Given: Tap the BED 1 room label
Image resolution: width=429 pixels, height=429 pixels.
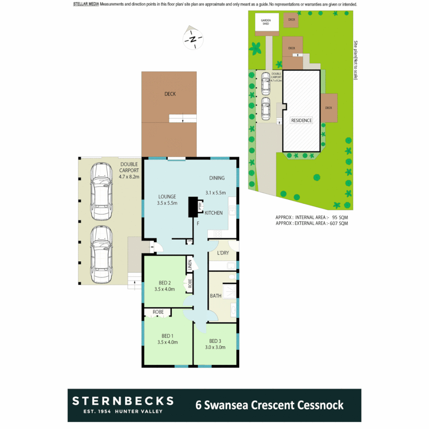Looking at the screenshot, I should (167, 336).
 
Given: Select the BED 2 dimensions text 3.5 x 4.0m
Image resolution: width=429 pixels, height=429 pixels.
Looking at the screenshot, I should (164, 289).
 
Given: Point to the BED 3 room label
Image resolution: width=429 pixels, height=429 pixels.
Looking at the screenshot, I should (215, 341).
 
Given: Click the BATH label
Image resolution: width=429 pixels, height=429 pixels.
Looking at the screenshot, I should (216, 296).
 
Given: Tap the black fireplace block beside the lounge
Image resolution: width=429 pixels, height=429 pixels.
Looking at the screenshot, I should (193, 207).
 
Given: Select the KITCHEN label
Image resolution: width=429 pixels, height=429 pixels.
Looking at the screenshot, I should (214, 213).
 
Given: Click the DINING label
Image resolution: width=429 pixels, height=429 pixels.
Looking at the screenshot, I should (217, 178).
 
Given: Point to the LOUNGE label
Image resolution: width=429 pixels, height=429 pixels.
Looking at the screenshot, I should (167, 196).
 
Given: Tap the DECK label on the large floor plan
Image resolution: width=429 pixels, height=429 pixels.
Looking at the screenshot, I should (170, 94).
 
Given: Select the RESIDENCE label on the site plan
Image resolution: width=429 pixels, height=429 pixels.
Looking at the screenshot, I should (301, 120).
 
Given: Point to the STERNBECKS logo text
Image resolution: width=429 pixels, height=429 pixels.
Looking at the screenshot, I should (123, 400).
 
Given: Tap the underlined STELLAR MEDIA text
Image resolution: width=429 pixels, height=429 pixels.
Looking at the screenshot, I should (86, 4).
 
